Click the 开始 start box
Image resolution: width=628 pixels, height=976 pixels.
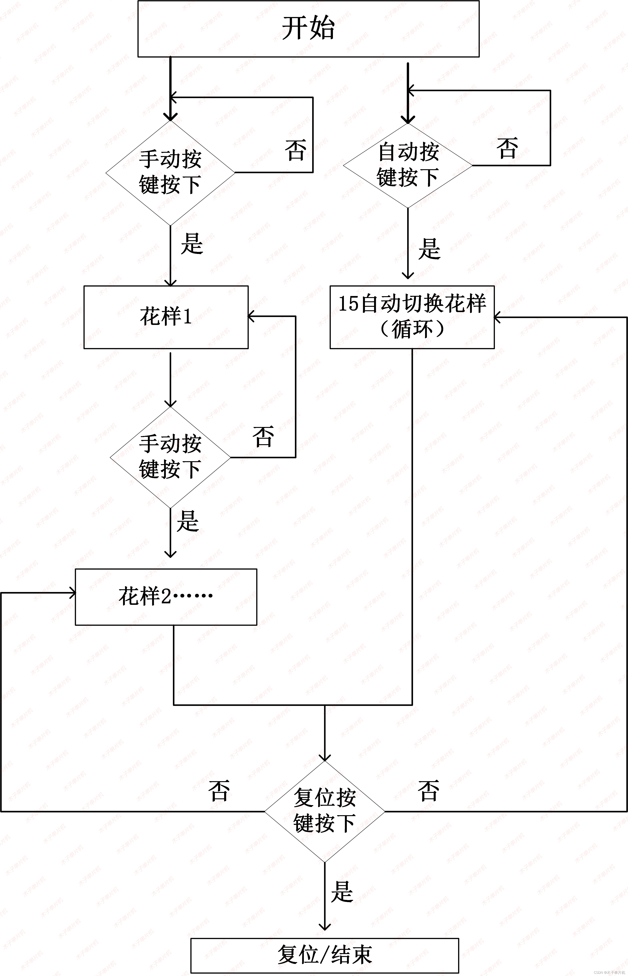click(308, 29)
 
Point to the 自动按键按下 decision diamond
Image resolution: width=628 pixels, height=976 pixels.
click(408, 165)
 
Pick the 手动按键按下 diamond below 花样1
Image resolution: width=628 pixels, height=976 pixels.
click(170, 457)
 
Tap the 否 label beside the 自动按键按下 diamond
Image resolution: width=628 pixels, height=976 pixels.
click(507, 148)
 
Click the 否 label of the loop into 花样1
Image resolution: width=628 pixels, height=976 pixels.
click(263, 437)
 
